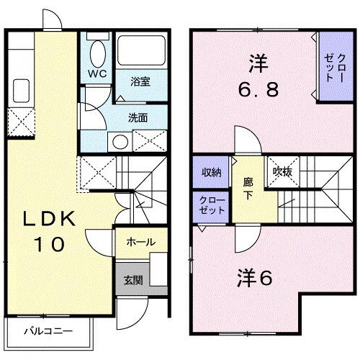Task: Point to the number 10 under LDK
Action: (47, 243)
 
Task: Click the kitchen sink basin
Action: (19, 90)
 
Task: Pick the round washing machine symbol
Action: (115, 140)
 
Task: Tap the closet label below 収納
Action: (211, 204)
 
